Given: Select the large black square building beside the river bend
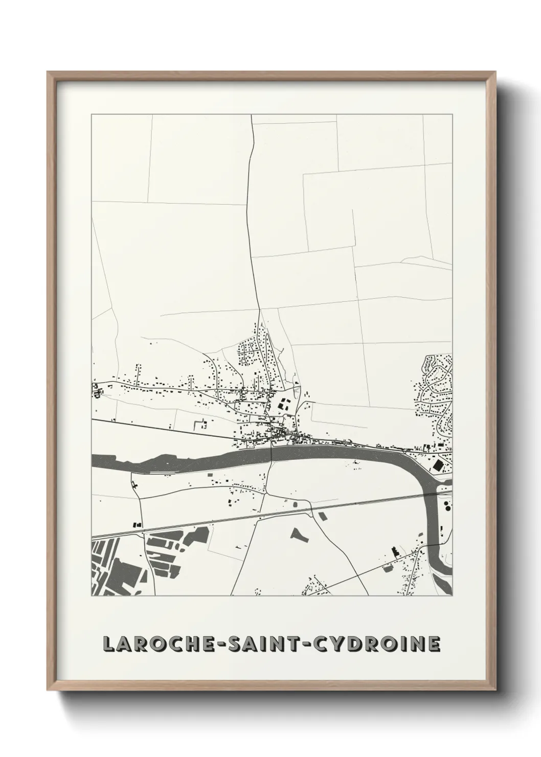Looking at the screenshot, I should pos(439,465).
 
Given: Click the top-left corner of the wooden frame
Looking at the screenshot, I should pos(49,73).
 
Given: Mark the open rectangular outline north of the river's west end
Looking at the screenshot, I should pos(199,424).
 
